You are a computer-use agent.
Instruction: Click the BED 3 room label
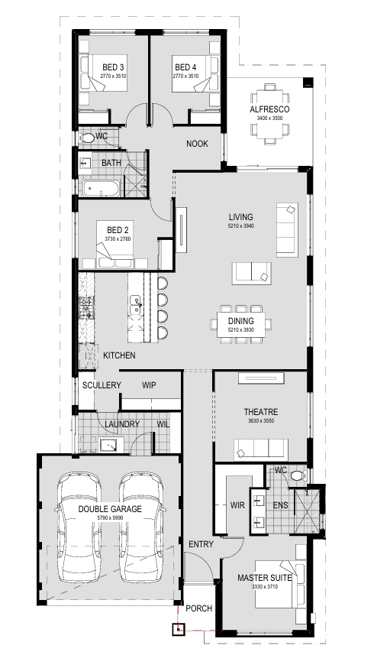[113, 67]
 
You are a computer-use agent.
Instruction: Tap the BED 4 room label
[185, 67]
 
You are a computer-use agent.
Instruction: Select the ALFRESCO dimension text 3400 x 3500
[269, 118]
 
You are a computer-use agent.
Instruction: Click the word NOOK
[197, 144]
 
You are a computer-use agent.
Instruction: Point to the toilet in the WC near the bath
[86, 138]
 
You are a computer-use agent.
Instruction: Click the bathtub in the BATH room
[101, 189]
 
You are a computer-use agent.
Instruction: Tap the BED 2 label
[118, 230]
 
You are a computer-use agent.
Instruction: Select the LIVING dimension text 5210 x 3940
[240, 226]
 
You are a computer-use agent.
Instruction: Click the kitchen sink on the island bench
[135, 305]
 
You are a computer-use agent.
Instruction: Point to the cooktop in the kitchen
[87, 308]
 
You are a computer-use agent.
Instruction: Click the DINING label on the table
[240, 321]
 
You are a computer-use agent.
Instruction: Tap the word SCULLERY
[102, 385]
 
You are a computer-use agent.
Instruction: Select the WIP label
[149, 385]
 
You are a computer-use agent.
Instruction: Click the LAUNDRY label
[122, 424]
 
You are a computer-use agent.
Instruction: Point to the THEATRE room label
[261, 412]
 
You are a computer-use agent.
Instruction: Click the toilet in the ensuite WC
[298, 475]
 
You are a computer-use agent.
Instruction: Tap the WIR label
[237, 505]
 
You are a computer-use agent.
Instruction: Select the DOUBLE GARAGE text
[110, 509]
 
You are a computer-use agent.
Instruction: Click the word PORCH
[198, 608]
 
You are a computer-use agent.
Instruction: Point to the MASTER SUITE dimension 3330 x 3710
[265, 587]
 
